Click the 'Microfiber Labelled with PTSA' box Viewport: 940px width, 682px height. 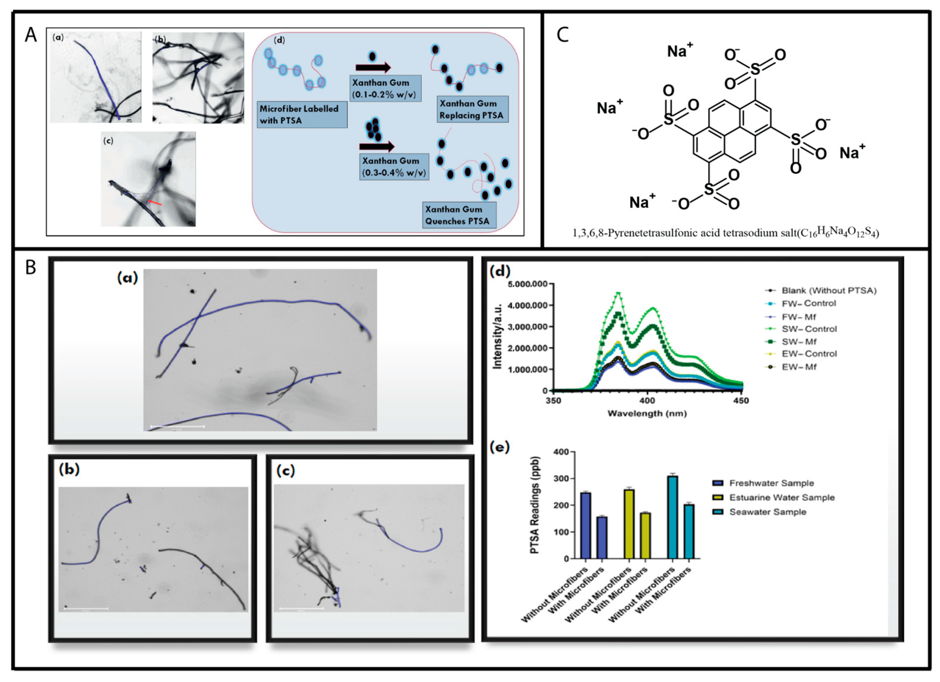pos(302,114)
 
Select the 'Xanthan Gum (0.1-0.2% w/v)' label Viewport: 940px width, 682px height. pos(385,88)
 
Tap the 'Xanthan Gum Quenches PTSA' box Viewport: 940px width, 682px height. pos(459,215)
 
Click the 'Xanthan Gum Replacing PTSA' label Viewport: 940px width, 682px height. pos(472,109)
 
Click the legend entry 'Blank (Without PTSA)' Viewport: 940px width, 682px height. pos(829,291)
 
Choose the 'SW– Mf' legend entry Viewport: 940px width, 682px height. pos(799,341)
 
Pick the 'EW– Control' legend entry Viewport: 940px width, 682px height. pos(809,354)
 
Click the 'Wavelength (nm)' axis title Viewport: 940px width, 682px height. pos(647,413)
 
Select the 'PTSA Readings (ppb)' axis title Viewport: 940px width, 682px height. pos(535,505)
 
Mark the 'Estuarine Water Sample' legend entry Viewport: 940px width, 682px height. pos(782,497)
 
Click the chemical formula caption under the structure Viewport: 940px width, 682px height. pos(725,233)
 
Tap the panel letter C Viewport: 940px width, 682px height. pos(562,35)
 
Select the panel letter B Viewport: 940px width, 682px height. pos(31,268)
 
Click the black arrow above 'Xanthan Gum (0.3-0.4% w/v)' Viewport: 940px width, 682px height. pos(376,146)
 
